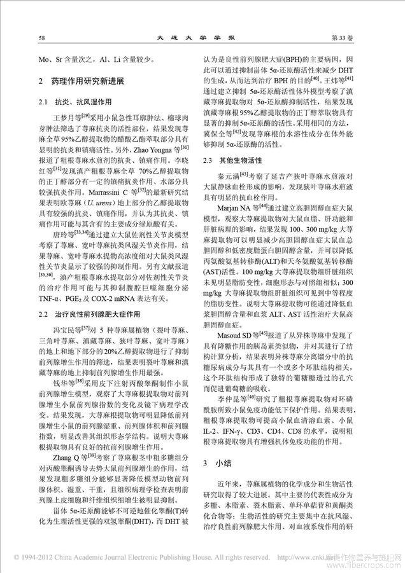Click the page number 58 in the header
point(41,38)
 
